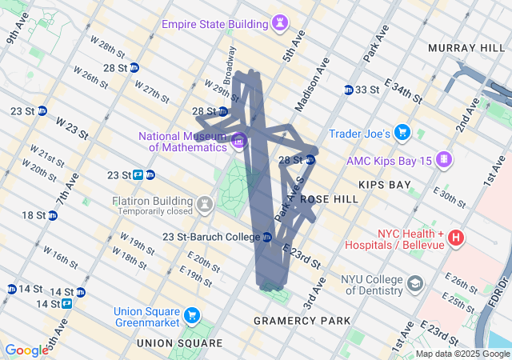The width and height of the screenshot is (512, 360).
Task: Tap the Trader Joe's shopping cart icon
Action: tap(402, 133)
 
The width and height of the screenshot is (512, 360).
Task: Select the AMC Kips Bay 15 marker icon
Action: tap(442, 161)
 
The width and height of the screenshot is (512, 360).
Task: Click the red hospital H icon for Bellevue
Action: tap(455, 237)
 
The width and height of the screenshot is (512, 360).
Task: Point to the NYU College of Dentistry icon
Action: tap(415, 283)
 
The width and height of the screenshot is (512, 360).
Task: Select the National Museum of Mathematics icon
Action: tap(238, 142)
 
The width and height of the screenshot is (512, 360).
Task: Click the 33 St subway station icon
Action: tap(349, 90)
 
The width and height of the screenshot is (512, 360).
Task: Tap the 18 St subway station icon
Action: tap(53, 215)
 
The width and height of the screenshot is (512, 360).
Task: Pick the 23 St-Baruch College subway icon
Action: tap(267, 237)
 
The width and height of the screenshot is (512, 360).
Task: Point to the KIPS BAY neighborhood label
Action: tap(384, 185)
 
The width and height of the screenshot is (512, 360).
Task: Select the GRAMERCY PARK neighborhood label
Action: tap(302, 320)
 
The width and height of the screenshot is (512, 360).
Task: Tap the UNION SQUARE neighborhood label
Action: tap(179, 342)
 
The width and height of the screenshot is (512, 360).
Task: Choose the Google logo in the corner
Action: tap(27, 350)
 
